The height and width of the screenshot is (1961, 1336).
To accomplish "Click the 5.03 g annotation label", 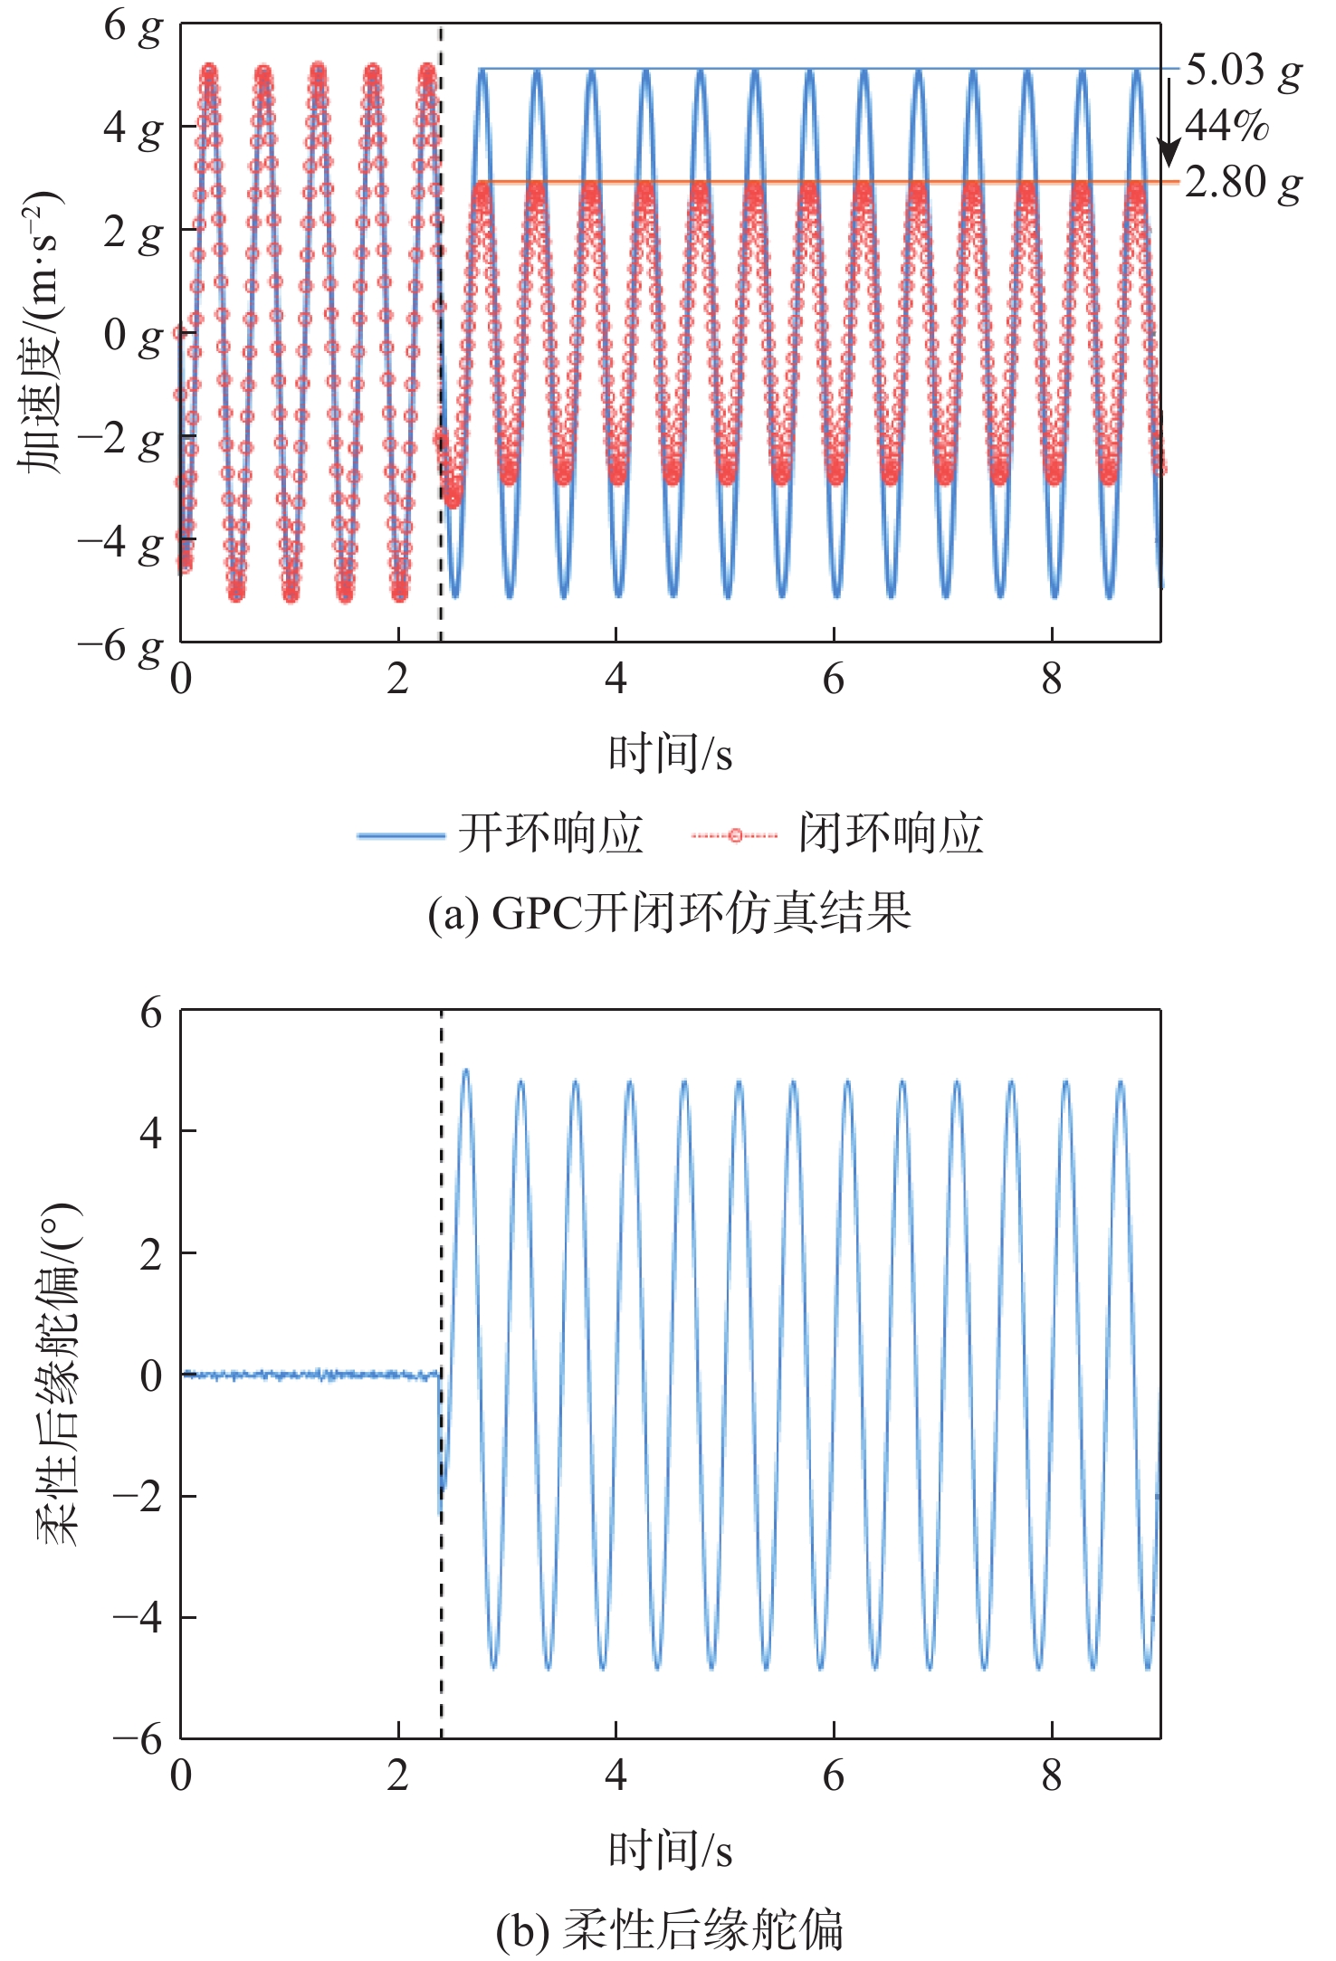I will [1242, 71].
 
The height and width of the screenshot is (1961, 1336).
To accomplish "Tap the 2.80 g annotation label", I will [1242, 184].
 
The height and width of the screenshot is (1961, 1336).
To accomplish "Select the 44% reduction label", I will [1226, 127].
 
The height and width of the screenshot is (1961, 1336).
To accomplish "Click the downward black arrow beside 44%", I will [1169, 122].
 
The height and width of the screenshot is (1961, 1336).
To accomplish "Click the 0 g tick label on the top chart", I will [132, 335].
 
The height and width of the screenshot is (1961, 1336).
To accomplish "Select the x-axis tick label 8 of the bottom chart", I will [1051, 1775].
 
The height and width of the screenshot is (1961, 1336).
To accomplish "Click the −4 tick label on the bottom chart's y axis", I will [137, 1616].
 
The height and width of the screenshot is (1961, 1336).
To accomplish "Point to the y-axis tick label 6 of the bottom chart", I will [150, 1012].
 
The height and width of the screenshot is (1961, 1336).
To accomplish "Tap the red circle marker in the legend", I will [734, 834].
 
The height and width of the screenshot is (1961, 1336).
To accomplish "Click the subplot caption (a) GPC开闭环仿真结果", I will [669, 912].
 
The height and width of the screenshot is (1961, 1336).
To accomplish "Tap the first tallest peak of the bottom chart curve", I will [466, 1071].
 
